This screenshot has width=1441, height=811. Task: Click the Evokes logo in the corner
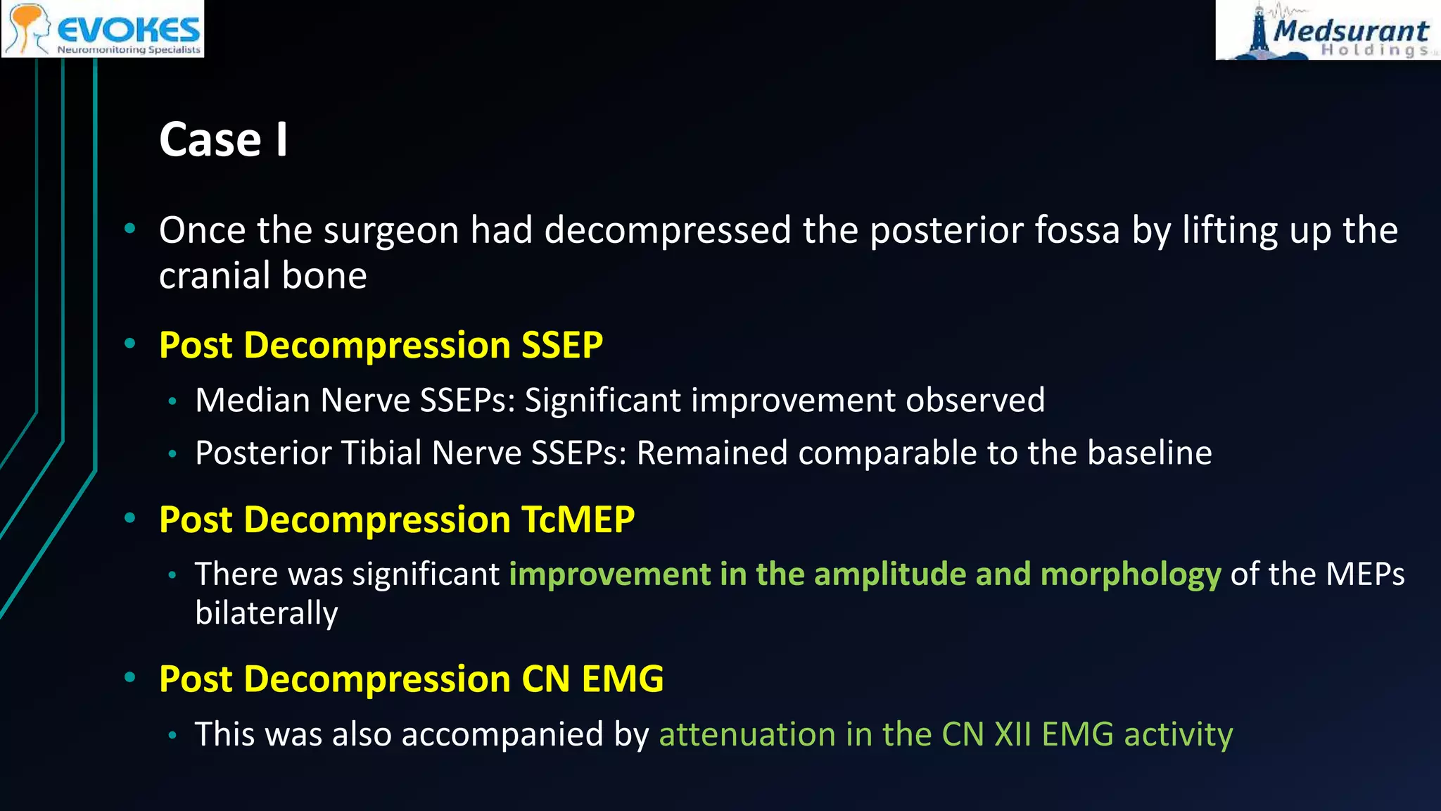[x=103, y=29]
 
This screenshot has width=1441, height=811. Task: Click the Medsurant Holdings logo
[x=1327, y=30]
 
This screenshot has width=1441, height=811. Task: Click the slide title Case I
[x=223, y=139]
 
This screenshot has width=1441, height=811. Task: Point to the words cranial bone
[x=262, y=275]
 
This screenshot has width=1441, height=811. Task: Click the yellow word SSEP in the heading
[x=561, y=345]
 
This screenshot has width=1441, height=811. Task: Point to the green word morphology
[x=1130, y=574]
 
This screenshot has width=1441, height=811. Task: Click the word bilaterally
[x=266, y=613]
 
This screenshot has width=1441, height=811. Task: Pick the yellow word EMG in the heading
[x=622, y=679]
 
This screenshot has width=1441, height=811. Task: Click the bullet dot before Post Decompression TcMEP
[x=129, y=519]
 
